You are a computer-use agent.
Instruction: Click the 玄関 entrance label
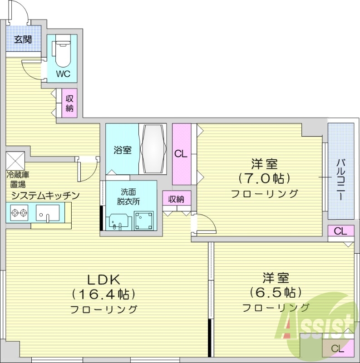tap(22, 39)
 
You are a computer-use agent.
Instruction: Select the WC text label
tap(63, 74)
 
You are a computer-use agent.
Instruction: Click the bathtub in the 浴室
tap(154, 149)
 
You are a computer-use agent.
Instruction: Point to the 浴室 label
tap(122, 150)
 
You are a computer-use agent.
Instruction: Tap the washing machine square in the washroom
tap(143, 221)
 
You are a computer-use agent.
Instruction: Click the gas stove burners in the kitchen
tap(19, 211)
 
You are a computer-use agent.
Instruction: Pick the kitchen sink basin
tap(47, 212)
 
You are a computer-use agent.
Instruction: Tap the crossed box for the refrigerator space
tap(15, 159)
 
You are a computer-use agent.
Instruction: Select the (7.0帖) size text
tap(265, 177)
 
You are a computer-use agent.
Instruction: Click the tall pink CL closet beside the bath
tap(181, 153)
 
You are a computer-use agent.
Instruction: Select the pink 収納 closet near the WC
tap(70, 103)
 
